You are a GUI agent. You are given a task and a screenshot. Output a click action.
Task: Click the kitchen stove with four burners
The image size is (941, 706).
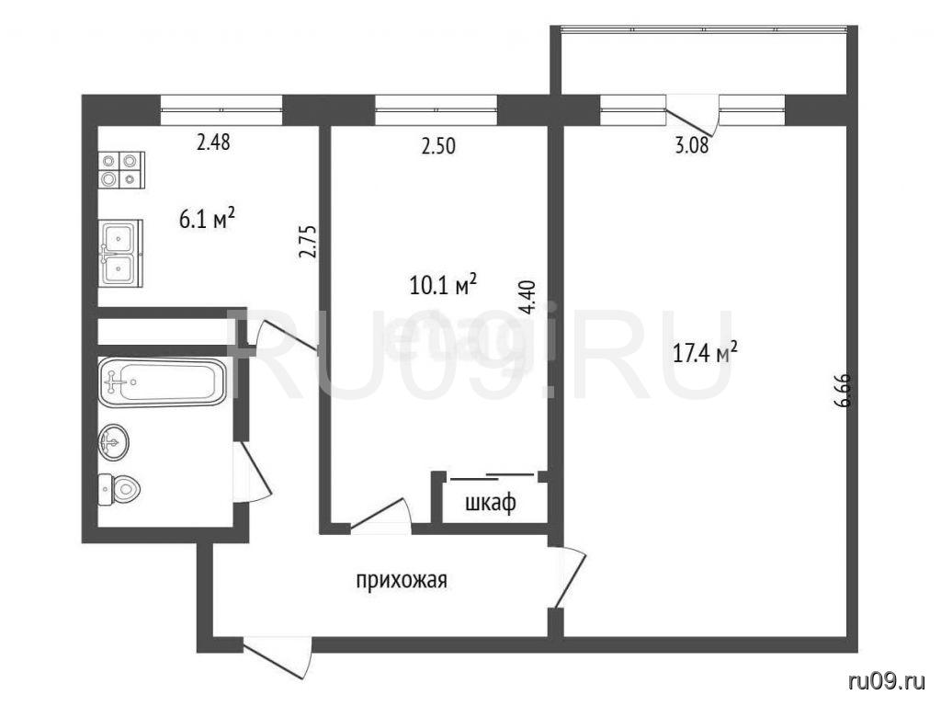[x=121, y=170]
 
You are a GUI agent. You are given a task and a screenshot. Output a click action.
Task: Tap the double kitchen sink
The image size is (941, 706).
[x=120, y=252]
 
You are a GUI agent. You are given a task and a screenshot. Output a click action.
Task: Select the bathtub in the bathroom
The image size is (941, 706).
[x=163, y=381]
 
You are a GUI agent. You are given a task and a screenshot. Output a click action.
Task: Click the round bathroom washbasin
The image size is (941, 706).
[x=113, y=442]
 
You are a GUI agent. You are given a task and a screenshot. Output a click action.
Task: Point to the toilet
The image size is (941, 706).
[x=119, y=491]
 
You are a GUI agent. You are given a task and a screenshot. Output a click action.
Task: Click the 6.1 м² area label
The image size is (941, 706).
[x=207, y=219]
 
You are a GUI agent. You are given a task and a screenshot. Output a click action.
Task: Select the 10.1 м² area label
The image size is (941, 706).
[x=443, y=285]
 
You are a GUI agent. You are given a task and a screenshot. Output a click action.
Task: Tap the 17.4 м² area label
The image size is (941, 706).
[x=705, y=352]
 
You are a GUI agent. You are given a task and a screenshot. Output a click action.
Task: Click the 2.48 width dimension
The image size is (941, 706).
[x=213, y=142]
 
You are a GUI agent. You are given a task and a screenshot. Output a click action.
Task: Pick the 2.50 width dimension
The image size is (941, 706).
[x=438, y=146]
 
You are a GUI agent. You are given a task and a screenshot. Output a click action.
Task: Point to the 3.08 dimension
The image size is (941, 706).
[x=692, y=145]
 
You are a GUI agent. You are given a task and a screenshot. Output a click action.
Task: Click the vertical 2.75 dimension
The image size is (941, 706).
[x=307, y=242]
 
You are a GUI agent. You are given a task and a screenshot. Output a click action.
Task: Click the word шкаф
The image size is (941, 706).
[x=491, y=503]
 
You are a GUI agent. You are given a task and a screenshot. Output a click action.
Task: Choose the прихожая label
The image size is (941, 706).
[x=402, y=581]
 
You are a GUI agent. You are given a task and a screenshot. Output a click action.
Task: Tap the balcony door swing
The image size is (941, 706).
[x=693, y=116]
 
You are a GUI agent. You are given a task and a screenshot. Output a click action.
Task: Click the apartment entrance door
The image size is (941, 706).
[x=278, y=659]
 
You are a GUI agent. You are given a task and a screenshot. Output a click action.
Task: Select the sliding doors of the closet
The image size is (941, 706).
[x=493, y=477]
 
